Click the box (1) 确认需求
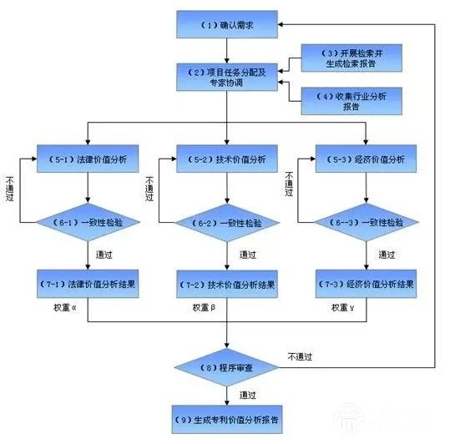[x=226, y=25]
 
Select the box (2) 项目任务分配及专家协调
[x=226, y=77]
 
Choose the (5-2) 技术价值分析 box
[x=226, y=158]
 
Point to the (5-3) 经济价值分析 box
[x=365, y=158]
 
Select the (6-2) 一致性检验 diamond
[x=226, y=223]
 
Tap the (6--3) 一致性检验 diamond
[x=365, y=223]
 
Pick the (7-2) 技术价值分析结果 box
[x=226, y=284]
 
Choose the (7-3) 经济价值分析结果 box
[x=365, y=284]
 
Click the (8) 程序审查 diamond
[x=226, y=366]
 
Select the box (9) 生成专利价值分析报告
[x=226, y=419]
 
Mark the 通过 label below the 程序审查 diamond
[x=246, y=394]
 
